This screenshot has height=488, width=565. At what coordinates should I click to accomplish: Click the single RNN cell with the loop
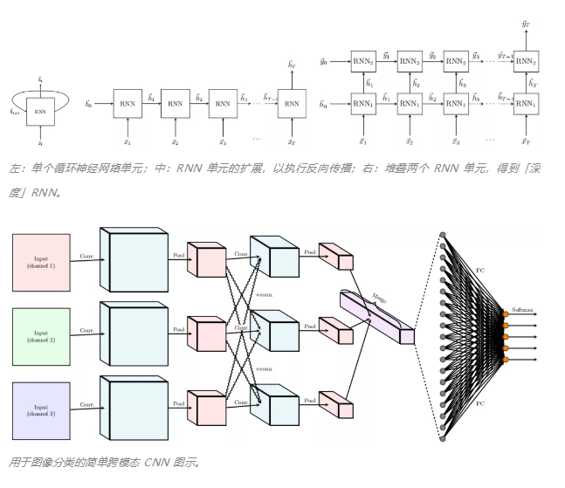pos(40,112)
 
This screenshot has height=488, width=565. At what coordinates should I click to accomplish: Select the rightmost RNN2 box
pos(525,61)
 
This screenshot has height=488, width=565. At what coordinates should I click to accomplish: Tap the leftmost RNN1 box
pos(363,104)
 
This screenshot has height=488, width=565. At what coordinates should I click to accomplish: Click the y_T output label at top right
pos(525,25)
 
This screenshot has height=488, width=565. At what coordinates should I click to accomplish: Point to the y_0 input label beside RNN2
pos(323,62)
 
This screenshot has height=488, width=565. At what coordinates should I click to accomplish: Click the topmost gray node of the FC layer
pos(442,235)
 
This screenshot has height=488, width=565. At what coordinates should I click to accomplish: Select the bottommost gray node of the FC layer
pos(442,433)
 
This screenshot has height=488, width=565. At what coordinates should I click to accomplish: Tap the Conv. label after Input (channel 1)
pos(87,257)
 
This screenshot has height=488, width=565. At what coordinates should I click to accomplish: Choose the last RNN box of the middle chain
pos(292,104)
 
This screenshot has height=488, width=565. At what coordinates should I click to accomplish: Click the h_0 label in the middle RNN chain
pos(88,104)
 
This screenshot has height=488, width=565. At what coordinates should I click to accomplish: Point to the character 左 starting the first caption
pos(14,168)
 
